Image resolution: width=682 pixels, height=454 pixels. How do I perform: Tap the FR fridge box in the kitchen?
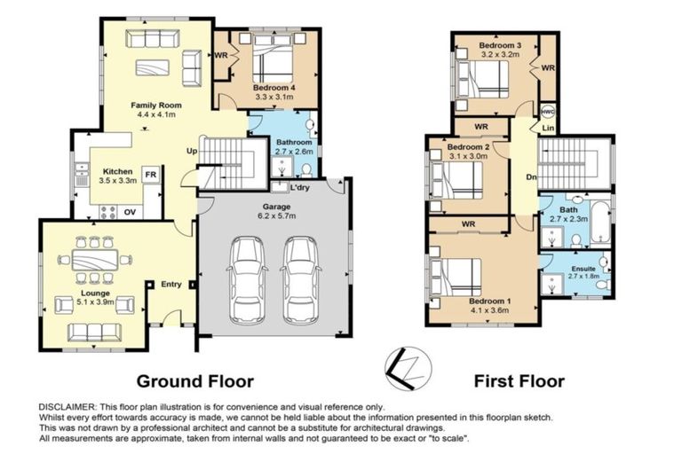pyautogui.click(x=151, y=174)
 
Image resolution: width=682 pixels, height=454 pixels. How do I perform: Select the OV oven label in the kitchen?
pyautogui.click(x=130, y=211)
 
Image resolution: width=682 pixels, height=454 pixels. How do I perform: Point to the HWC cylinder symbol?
pyautogui.click(x=548, y=112)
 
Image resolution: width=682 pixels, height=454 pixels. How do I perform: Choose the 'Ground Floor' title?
pyautogui.click(x=194, y=382)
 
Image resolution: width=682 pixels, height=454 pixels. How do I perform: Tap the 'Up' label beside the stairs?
pyautogui.click(x=191, y=150)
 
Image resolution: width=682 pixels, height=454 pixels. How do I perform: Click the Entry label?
pyautogui.click(x=170, y=285)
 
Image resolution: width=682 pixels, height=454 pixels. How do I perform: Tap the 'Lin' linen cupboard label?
pyautogui.click(x=548, y=129)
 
